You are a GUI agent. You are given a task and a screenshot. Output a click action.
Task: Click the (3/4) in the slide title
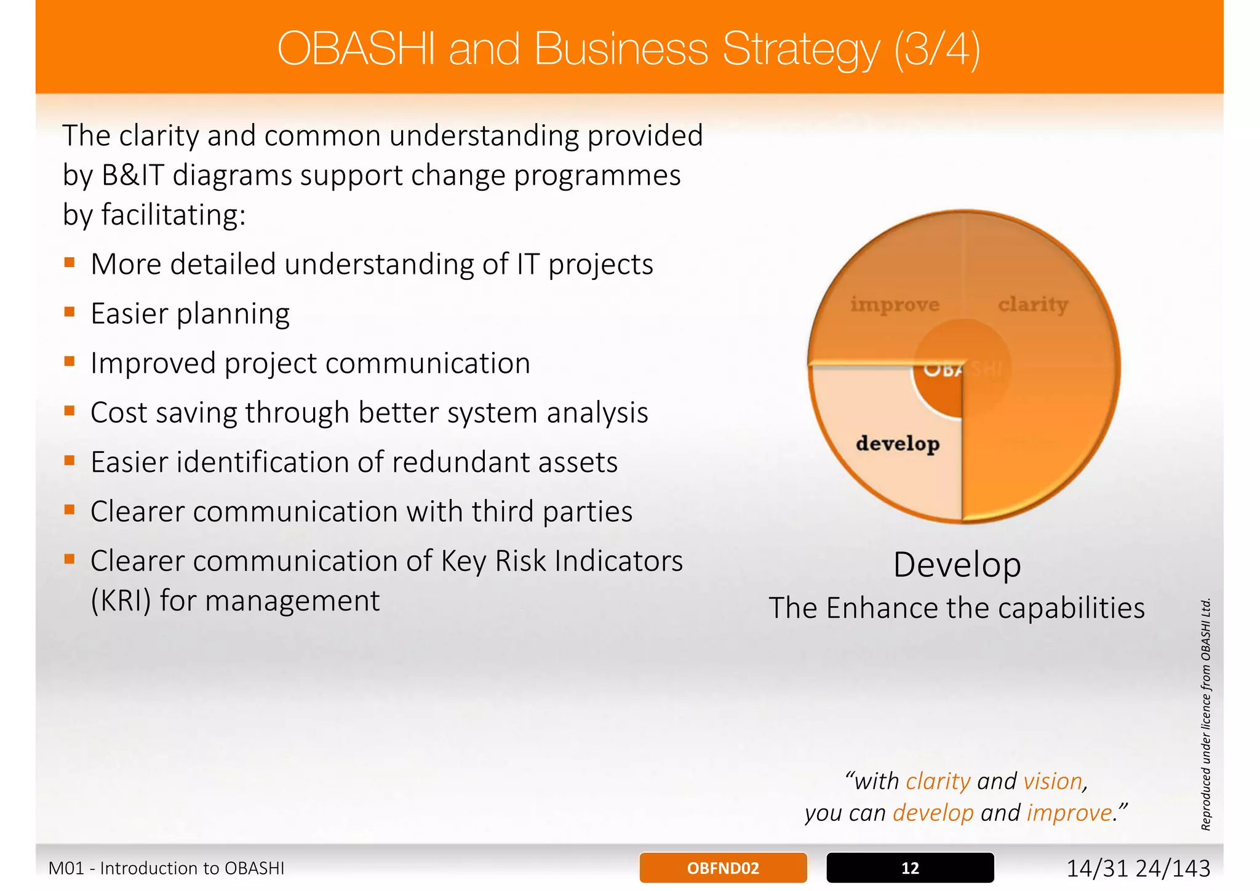coord(936,49)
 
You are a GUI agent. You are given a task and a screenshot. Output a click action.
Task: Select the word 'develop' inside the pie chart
coord(897,443)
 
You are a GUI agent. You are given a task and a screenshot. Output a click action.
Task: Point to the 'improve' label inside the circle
coord(895,304)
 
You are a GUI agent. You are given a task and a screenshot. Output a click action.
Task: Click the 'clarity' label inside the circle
coord(1032,304)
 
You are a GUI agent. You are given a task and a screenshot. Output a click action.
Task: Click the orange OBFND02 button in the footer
coord(723,868)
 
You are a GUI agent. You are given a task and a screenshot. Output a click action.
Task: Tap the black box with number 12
coord(909,868)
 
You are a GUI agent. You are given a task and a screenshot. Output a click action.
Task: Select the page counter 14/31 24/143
coord(1138,868)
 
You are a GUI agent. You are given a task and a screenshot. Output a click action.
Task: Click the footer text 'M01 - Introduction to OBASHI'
coord(166,868)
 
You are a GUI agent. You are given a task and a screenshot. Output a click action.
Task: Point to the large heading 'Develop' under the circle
coord(957,565)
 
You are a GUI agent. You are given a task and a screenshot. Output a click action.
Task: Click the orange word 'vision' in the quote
coord(1053,781)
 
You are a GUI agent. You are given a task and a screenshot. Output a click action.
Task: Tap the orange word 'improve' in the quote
coord(1069,813)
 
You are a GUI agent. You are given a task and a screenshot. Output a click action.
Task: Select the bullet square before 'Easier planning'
coord(70,312)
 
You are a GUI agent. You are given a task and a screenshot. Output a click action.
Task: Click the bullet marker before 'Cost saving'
coord(70,411)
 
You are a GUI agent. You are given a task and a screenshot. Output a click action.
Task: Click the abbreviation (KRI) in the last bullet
coord(121,601)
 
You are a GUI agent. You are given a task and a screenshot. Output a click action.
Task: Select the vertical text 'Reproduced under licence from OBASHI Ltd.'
coord(1206,714)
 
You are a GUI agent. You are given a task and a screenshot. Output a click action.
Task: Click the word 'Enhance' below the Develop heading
coord(882,608)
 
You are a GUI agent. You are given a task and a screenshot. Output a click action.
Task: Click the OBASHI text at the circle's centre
coord(963,369)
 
